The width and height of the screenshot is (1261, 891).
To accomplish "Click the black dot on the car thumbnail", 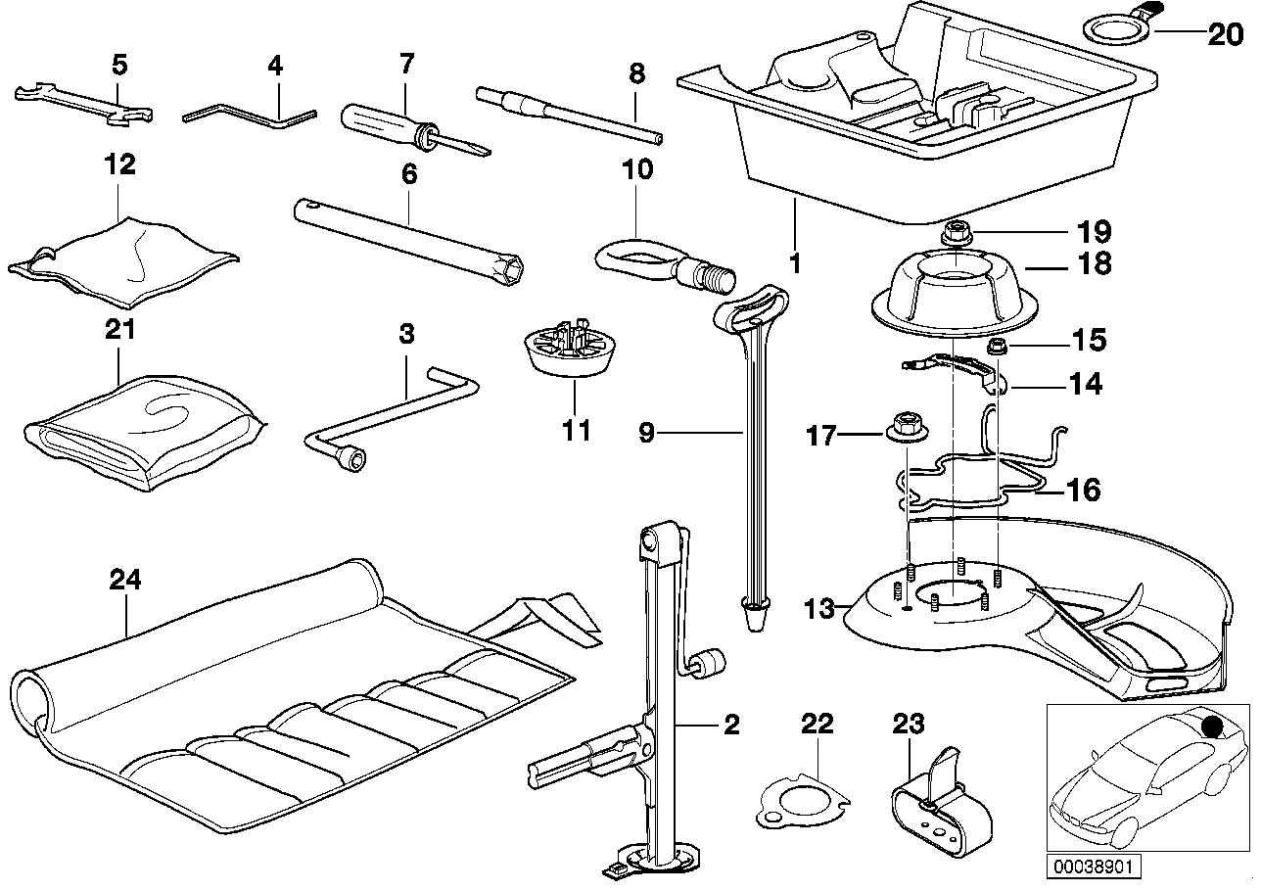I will (x=1214, y=726).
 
